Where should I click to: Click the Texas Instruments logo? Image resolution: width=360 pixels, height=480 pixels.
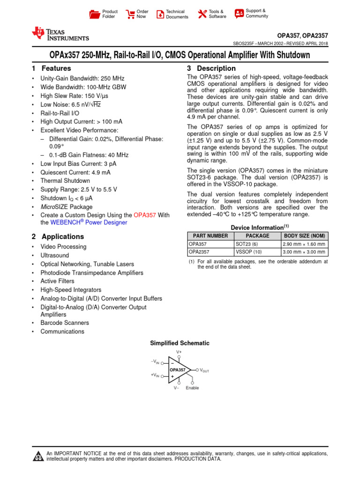(60, 34)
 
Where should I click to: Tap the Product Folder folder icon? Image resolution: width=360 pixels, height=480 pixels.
(95, 14)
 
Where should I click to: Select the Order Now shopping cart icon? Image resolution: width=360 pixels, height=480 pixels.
(130, 14)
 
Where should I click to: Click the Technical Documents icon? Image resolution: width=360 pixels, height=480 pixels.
(160, 14)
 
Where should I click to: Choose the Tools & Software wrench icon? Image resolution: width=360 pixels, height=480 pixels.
(202, 14)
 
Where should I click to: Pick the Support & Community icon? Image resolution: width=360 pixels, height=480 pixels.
(239, 13)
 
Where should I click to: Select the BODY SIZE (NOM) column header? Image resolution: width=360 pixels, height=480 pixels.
(304, 236)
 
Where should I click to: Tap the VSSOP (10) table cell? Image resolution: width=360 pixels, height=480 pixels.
(249, 252)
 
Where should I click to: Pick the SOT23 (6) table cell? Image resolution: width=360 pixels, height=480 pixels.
(247, 244)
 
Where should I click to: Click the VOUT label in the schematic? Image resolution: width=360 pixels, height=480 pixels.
(204, 370)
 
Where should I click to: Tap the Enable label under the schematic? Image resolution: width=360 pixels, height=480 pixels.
(192, 388)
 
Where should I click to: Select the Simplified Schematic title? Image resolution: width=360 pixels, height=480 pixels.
(180, 343)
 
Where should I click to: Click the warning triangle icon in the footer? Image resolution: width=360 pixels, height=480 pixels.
(37, 457)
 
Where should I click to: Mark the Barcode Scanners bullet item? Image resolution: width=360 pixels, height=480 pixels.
(65, 323)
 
